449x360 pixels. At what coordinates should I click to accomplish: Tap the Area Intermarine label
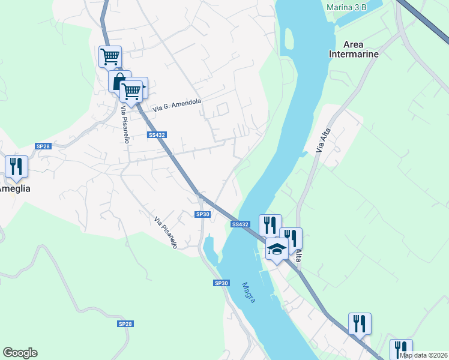pyautogui.click(x=354, y=49)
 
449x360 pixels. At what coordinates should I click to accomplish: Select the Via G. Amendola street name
pyautogui.click(x=177, y=106)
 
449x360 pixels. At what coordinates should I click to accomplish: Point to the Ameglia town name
pyautogui.click(x=13, y=188)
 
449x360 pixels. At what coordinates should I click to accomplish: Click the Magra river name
pyautogui.click(x=249, y=292)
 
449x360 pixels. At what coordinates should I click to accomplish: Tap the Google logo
pyautogui.click(x=20, y=353)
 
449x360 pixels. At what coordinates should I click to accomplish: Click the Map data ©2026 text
pyautogui.click(x=423, y=355)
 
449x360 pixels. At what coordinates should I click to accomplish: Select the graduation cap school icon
pyautogui.click(x=277, y=248)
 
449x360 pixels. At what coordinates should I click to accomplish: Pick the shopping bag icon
pyautogui.click(x=119, y=81)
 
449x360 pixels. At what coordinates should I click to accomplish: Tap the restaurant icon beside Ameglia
pyautogui.click(x=16, y=166)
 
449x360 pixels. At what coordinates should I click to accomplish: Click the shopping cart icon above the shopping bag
pyautogui.click(x=110, y=57)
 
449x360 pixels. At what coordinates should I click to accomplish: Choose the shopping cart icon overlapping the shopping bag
pyautogui.click(x=131, y=91)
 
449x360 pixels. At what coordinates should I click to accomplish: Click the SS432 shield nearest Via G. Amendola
pyautogui.click(x=157, y=135)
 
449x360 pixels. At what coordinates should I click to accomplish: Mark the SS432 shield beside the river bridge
pyautogui.click(x=240, y=224)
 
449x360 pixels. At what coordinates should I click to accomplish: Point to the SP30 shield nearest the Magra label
pyautogui.click(x=221, y=283)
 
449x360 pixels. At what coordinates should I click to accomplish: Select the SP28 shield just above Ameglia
pyautogui.click(x=42, y=146)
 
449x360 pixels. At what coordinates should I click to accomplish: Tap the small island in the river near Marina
pyautogui.click(x=288, y=39)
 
